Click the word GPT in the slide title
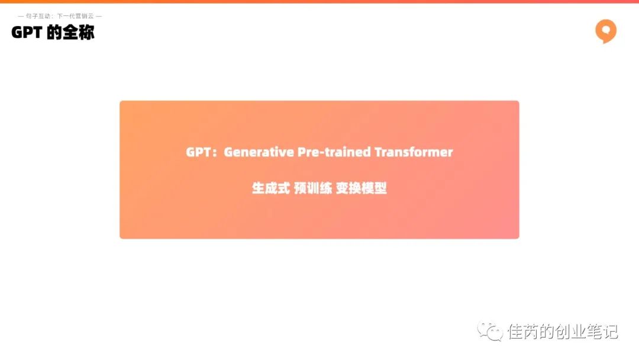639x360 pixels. pos(27,33)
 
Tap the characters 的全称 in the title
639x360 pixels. pos(70,33)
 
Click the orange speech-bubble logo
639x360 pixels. pos(606,31)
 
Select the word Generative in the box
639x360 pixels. pos(259,152)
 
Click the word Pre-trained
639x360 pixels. pos(334,152)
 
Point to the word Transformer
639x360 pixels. pos(414,152)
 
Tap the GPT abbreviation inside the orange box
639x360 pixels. pos(198,152)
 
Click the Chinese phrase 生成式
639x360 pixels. pos(271,188)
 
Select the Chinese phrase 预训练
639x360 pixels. pos(313,188)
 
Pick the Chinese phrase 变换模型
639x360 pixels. pos(362,188)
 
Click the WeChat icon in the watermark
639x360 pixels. pos(490,331)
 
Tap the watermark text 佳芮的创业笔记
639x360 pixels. pos(563,332)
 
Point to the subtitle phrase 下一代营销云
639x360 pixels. pos(75,16)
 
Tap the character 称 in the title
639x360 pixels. pos(86,33)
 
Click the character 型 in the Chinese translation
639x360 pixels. pos(380,188)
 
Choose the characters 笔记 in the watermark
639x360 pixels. pos(602,332)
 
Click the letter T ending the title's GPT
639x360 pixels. pos(38,33)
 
